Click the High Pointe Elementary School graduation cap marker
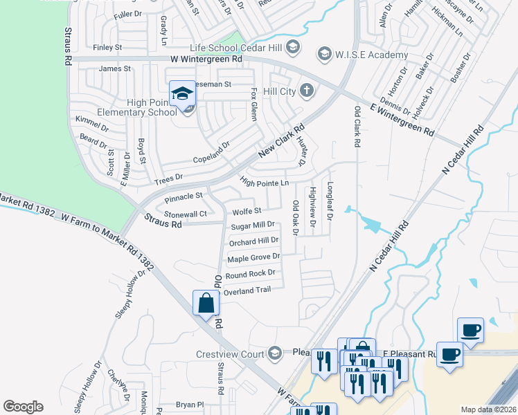tap(183, 93)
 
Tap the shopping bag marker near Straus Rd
tap(206, 303)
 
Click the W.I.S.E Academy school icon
tap(323, 53)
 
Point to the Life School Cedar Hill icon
tap(292, 46)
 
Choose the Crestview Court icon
tap(275, 353)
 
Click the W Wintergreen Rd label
tap(206, 59)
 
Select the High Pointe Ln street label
tap(264, 182)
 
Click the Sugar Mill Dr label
tap(253, 225)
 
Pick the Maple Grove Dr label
tap(253, 257)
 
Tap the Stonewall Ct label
tap(184, 214)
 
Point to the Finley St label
tap(107, 48)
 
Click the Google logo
tap(23, 407)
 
